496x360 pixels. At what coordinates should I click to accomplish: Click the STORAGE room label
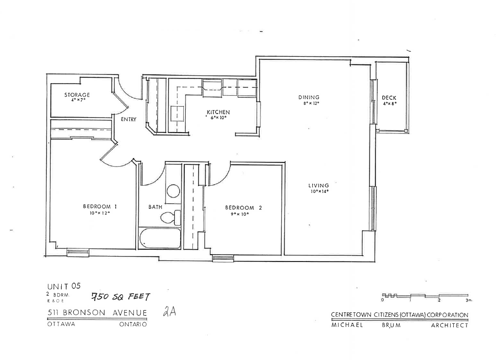click(77, 95)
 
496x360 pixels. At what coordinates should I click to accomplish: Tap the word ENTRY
click(128, 119)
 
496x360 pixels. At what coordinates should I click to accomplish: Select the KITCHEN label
click(218, 112)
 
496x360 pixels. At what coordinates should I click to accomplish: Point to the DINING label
click(309, 97)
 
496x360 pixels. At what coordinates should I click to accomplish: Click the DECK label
click(389, 98)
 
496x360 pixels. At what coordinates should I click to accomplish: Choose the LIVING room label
click(319, 185)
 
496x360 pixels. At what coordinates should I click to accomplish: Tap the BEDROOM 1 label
click(100, 207)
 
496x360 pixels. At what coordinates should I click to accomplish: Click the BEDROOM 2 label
click(244, 208)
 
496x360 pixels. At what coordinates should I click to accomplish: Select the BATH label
click(155, 207)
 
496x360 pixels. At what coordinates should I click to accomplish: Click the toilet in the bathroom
click(170, 217)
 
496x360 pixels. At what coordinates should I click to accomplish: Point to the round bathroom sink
click(173, 191)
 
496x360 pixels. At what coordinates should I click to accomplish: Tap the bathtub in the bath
click(160, 238)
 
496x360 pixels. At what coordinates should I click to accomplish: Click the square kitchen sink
click(177, 114)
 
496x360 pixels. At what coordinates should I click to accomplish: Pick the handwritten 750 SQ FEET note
click(121, 296)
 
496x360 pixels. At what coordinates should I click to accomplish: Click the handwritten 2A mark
click(169, 311)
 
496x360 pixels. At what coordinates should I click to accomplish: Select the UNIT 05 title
click(64, 286)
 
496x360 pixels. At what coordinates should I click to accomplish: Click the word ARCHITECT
click(450, 325)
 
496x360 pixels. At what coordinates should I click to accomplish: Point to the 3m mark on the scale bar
click(468, 300)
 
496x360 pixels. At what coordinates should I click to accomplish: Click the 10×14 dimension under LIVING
click(319, 192)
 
